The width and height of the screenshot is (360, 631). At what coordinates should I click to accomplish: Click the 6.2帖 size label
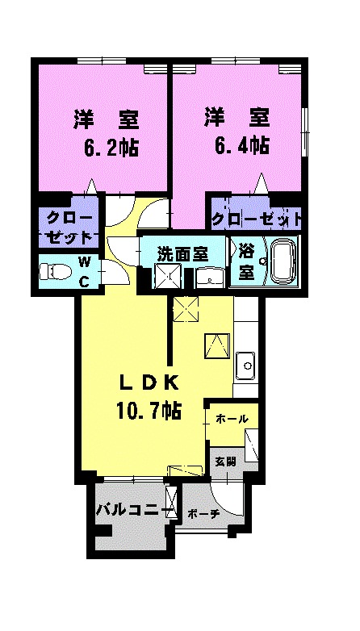pos(111,148)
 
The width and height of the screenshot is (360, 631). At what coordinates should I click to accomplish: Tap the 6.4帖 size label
pos(241,146)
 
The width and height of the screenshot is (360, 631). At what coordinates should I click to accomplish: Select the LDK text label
pos(149,383)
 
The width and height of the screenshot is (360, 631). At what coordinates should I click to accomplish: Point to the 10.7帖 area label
pos(149,411)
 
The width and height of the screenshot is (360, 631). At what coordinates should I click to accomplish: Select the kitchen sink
pos(245,366)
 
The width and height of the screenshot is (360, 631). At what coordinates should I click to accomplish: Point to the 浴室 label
pos(246,264)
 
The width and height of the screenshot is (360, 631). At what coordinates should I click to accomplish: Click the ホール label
pos(232,419)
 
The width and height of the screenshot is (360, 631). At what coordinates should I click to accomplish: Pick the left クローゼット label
pos(69,228)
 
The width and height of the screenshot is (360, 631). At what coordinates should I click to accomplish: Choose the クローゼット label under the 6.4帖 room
pos(257,219)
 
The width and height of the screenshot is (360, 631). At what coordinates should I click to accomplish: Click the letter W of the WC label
pos(84,262)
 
